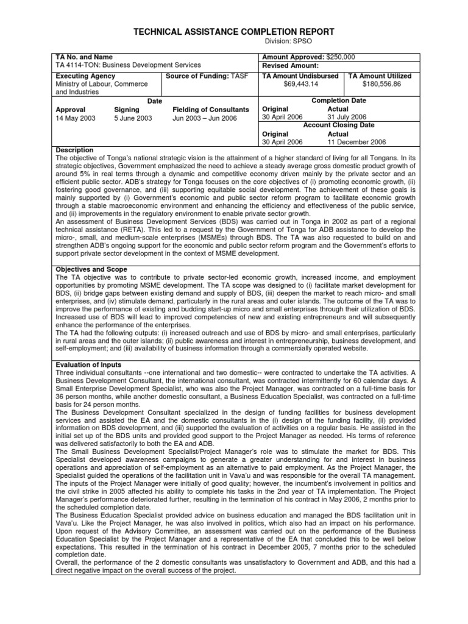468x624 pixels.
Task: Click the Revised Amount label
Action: (290, 65)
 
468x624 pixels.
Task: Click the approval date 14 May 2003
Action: (76, 118)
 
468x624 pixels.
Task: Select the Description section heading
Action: (74, 150)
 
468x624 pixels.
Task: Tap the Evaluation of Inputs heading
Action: (90, 347)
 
